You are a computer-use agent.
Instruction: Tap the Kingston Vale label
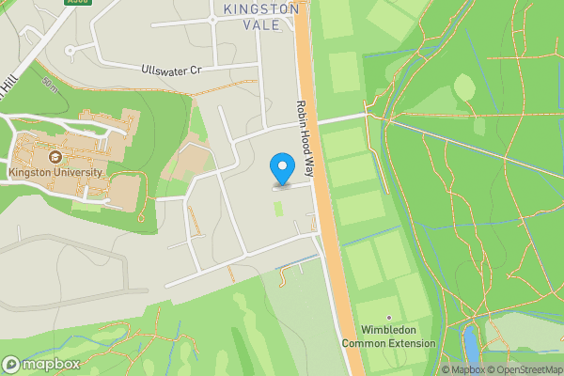[261, 17]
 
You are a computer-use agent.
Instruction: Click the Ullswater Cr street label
[171, 70]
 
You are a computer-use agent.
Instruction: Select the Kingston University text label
[55, 173]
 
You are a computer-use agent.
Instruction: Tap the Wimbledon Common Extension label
[387, 337]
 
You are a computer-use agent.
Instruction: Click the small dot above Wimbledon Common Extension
[388, 317]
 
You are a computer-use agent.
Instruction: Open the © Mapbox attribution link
[464, 369]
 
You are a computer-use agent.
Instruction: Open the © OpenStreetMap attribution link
[525, 369]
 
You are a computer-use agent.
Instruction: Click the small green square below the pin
[278, 208]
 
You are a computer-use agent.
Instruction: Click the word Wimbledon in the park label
[388, 330]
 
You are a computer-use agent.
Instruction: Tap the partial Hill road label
[8, 84]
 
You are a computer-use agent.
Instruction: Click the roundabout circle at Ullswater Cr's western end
[70, 50]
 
